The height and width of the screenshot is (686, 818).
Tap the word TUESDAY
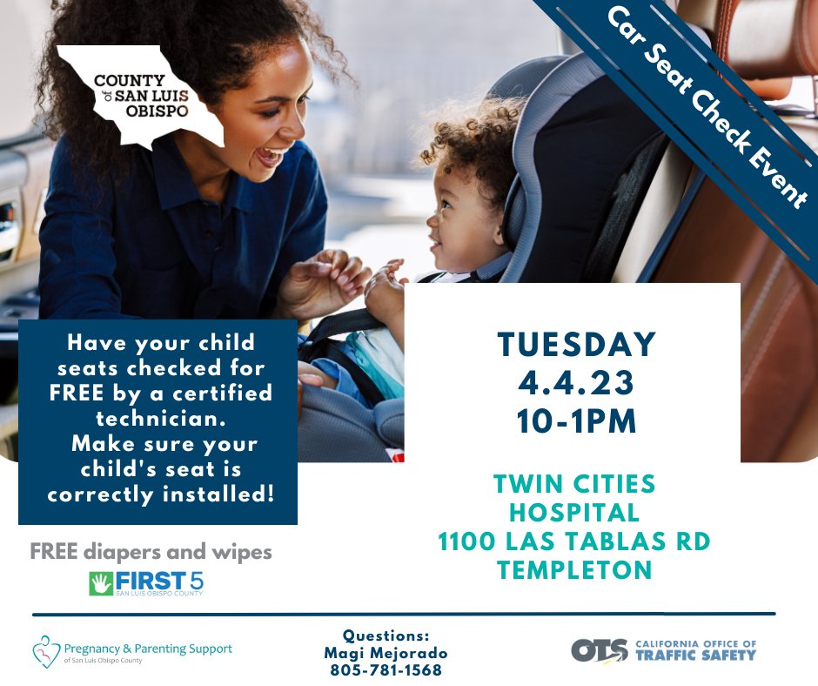click(x=576, y=345)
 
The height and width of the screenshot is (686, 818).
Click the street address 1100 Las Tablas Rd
click(x=574, y=541)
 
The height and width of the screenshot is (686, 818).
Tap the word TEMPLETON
click(x=574, y=571)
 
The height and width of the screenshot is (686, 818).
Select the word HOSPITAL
click(x=574, y=513)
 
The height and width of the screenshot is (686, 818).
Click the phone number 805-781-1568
click(x=386, y=670)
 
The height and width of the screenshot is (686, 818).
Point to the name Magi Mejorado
click(x=386, y=653)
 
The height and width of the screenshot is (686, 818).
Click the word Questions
click(x=386, y=636)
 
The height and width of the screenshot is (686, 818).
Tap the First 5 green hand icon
click(x=101, y=583)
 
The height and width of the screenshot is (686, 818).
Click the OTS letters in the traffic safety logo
click(x=600, y=650)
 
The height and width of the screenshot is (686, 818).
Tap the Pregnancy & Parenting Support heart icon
click(x=45, y=650)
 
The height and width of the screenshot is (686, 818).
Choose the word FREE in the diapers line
click(x=49, y=552)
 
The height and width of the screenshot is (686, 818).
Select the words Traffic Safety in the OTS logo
click(x=695, y=655)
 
